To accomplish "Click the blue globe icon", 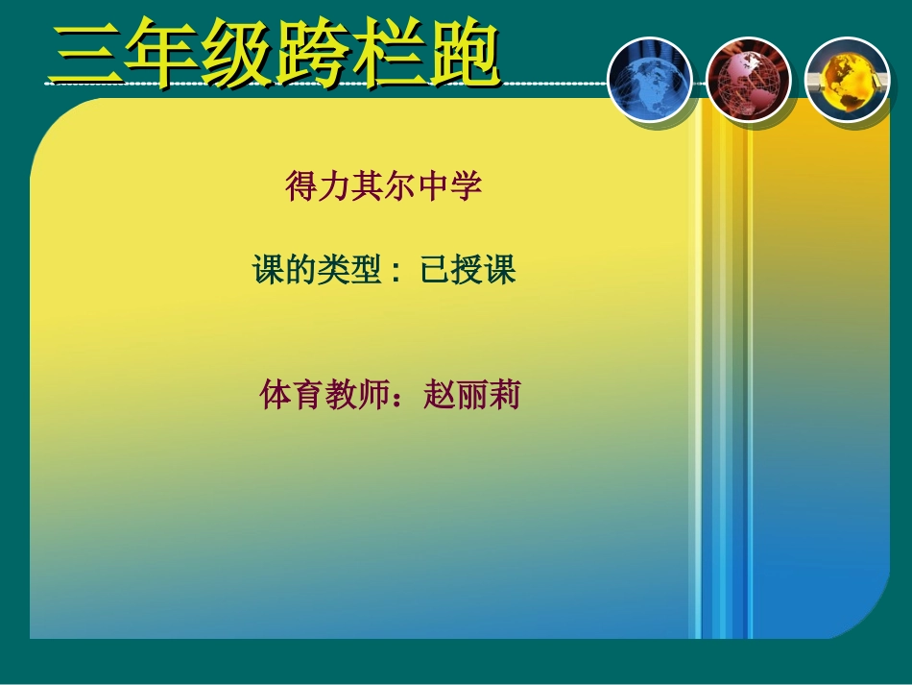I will click(x=650, y=81).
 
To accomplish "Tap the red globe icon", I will click(x=748, y=81).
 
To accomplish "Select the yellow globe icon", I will click(x=846, y=81).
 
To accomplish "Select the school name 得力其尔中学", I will click(x=383, y=186).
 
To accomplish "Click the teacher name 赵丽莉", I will click(x=471, y=395).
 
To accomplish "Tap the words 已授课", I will click(x=468, y=271).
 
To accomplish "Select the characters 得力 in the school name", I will click(x=318, y=186).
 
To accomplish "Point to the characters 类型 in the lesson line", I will click(x=350, y=271).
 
